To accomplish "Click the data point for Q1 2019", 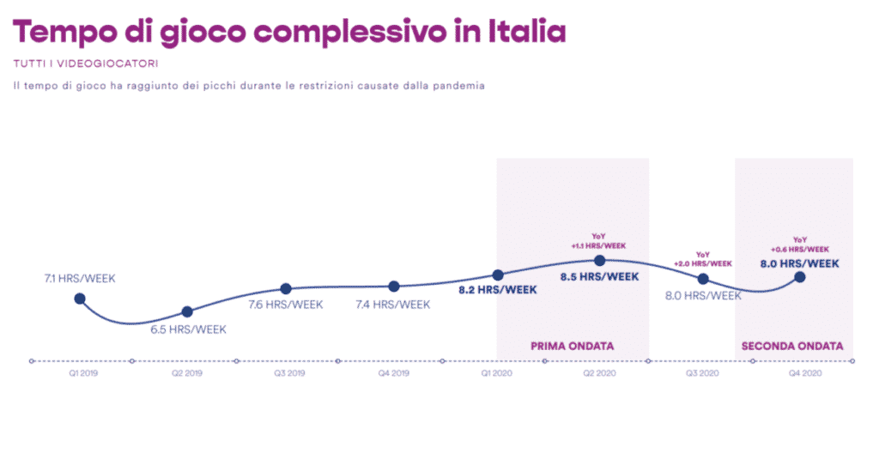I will pyautogui.click(x=80, y=299).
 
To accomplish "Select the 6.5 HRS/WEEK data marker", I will pyautogui.click(x=187, y=311).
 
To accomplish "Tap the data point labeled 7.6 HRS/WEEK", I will pyautogui.click(x=286, y=289).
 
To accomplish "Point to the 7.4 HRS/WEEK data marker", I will pyautogui.click(x=393, y=287).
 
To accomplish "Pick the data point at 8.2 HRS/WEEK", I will pyautogui.click(x=498, y=275).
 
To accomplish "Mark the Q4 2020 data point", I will pyautogui.click(x=800, y=277).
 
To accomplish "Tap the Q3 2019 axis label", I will pyautogui.click(x=289, y=374).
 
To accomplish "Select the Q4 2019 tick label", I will pyautogui.click(x=391, y=374).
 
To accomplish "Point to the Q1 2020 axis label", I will pyautogui.click(x=495, y=374).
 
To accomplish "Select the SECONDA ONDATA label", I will pyautogui.click(x=792, y=347).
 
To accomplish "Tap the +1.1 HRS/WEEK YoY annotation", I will pyautogui.click(x=598, y=246).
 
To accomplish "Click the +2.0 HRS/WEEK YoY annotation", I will pyautogui.click(x=703, y=263).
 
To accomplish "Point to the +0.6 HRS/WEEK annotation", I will pyautogui.click(x=800, y=249).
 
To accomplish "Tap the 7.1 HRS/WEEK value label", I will pyautogui.click(x=80, y=279).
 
